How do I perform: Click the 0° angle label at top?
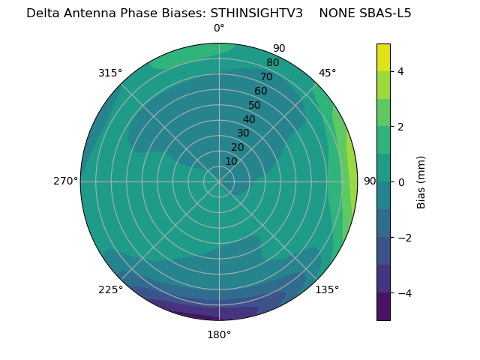(x=219, y=28)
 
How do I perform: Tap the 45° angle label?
(x=328, y=73)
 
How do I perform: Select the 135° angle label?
(x=327, y=289)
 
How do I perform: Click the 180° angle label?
(x=219, y=334)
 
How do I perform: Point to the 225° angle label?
(x=110, y=289)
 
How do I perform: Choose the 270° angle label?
(x=65, y=181)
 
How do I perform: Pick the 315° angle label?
(x=110, y=73)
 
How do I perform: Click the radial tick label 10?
(x=231, y=161)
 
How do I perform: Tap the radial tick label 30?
(x=243, y=133)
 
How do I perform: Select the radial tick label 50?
(x=254, y=105)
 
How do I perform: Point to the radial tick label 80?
(x=272, y=62)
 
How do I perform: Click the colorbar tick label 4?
(x=400, y=71)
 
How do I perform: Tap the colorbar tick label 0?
(x=400, y=181)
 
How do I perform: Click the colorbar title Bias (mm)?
(x=421, y=181)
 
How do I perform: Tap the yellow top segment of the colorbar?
(x=383, y=57)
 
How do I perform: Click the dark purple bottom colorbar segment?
(x=383, y=306)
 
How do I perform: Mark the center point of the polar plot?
(x=219, y=181)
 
